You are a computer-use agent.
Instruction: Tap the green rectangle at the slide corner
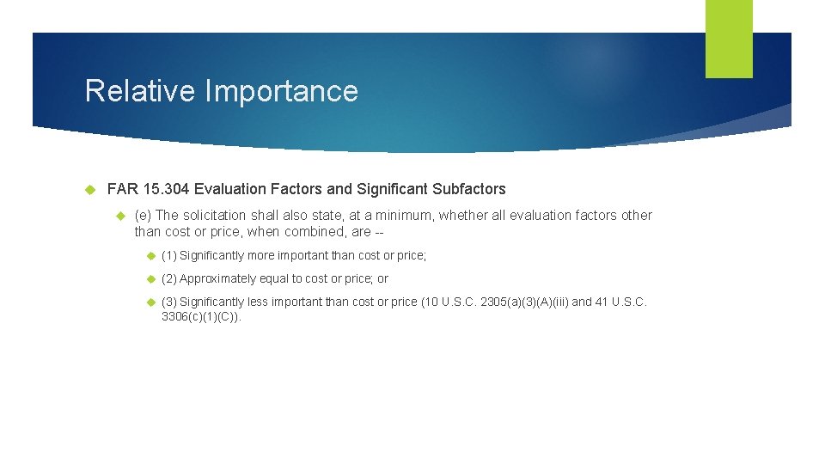[729, 39]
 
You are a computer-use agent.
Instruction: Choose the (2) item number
[169, 279]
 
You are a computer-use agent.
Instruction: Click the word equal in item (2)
[266, 279]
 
